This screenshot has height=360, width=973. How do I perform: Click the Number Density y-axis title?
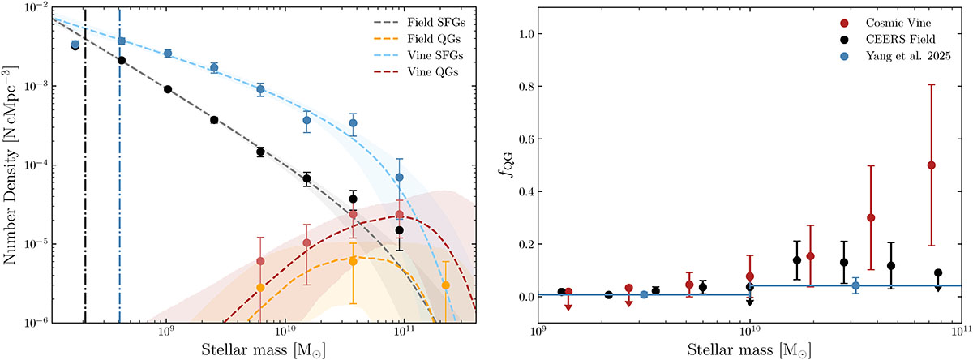14,164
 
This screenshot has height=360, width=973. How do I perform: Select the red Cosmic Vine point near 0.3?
871,217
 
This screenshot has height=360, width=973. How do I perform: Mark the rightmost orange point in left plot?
446,285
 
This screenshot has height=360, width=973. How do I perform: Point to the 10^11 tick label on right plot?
962,334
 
